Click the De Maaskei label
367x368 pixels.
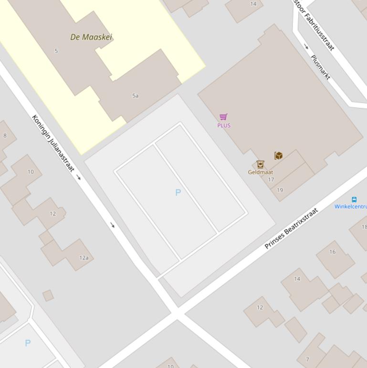click(91, 37)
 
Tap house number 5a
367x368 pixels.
click(135, 96)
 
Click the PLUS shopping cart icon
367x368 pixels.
click(223, 117)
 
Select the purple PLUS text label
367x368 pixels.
click(224, 125)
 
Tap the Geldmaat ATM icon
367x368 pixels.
click(260, 164)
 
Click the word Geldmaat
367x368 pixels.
click(260, 172)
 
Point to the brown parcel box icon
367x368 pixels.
click(278, 155)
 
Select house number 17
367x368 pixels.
click(271, 180)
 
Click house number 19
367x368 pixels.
click(280, 190)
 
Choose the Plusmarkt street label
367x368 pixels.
click(320, 67)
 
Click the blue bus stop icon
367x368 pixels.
click(354, 199)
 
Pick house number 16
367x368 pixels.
click(332, 252)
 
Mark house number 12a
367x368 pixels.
click(84, 258)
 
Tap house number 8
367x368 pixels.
click(5, 135)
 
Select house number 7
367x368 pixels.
click(307, 359)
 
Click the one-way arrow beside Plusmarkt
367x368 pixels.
click(306, 46)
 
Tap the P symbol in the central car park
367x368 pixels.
click(178, 192)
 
